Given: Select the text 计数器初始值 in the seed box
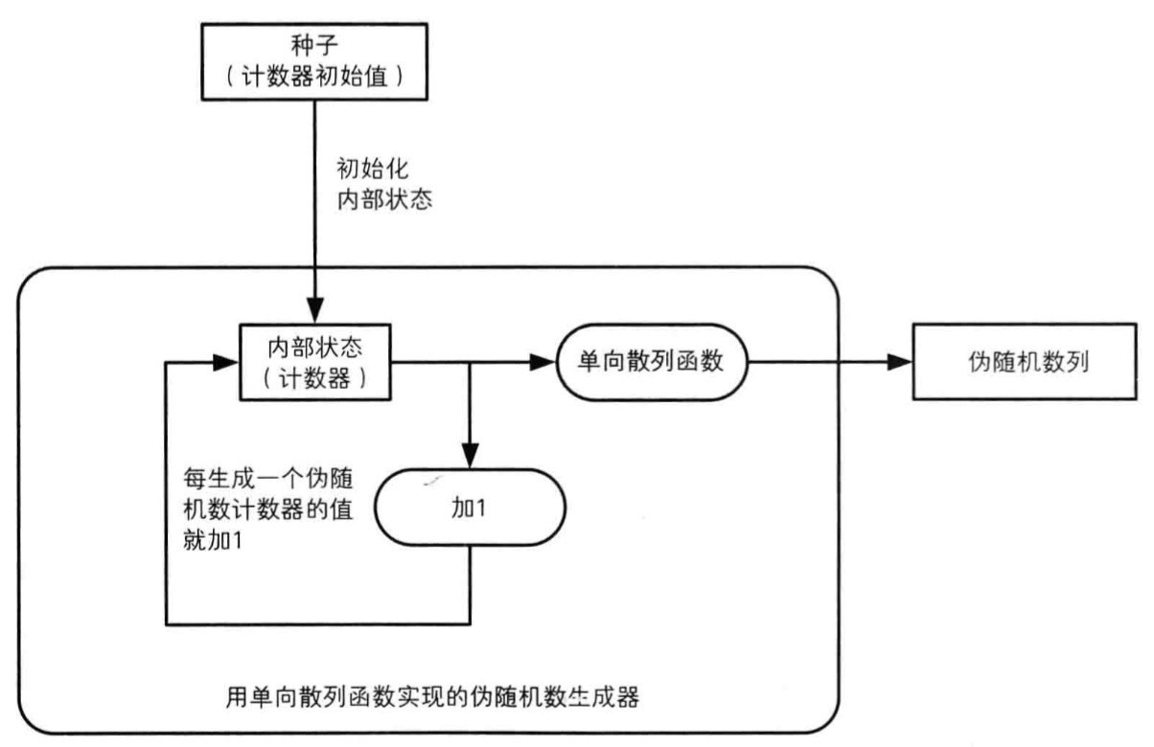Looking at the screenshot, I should pyautogui.click(x=313, y=77).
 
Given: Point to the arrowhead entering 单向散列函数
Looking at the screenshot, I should pyautogui.click(x=542, y=363).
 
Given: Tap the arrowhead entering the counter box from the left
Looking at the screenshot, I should pyautogui.click(x=227, y=363).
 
